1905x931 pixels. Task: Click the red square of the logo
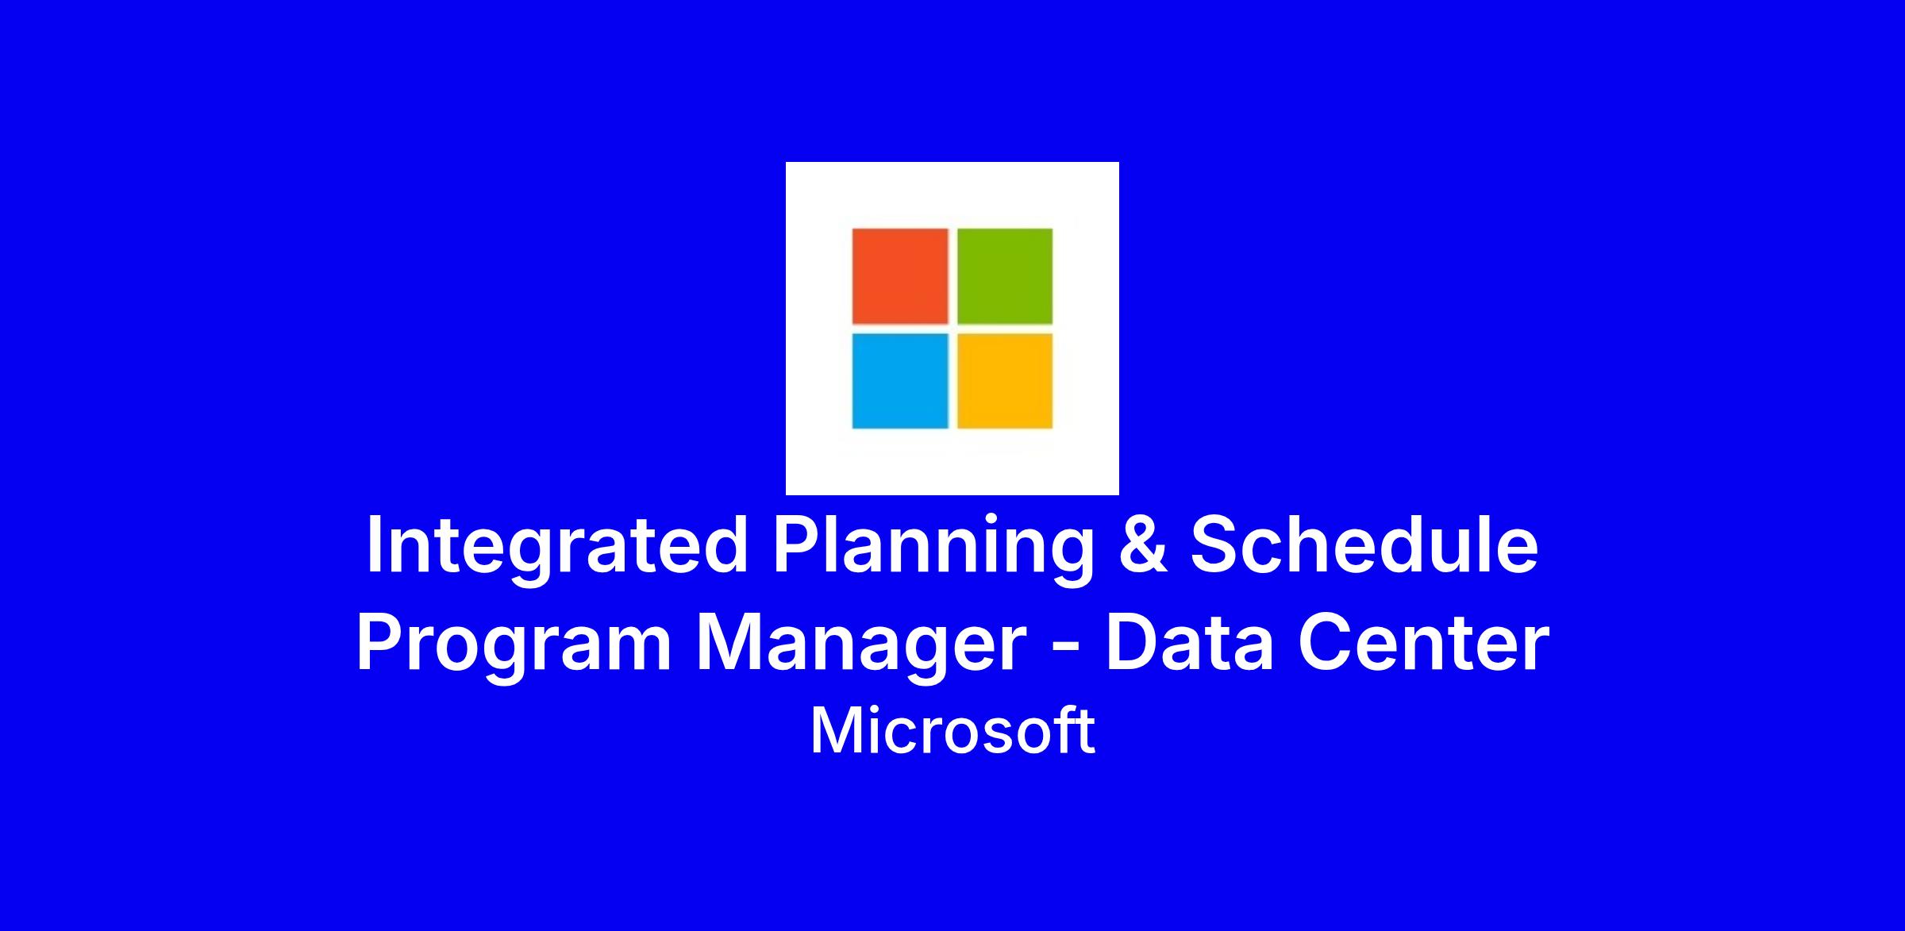click(x=900, y=276)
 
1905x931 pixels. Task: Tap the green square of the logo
click(x=1005, y=276)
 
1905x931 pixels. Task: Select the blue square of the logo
click(x=900, y=381)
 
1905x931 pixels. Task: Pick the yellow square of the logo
click(x=1005, y=381)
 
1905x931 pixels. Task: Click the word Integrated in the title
click(x=557, y=548)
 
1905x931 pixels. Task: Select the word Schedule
click(x=1364, y=545)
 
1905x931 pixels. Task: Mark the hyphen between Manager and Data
click(x=1066, y=648)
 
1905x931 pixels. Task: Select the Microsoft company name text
click(x=952, y=731)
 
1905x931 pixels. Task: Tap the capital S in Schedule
click(x=1214, y=545)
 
